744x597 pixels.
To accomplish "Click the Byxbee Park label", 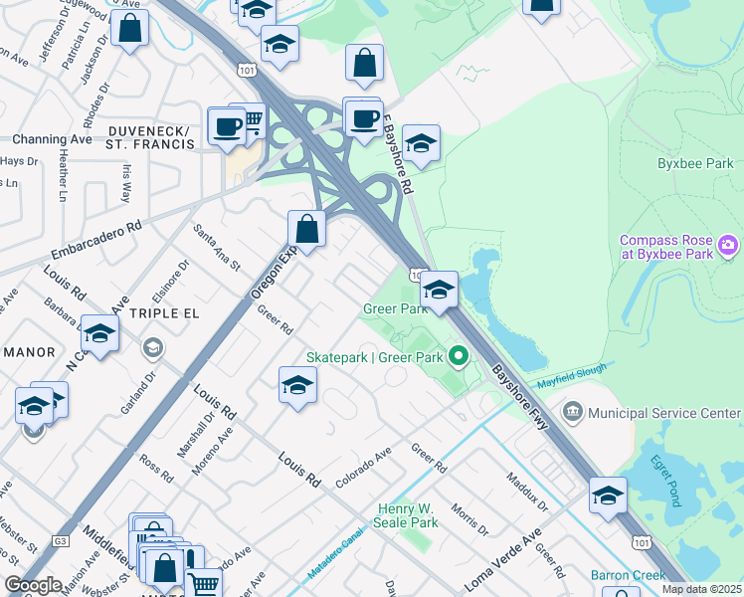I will [x=695, y=163].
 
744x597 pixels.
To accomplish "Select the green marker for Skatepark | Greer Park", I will [x=458, y=354].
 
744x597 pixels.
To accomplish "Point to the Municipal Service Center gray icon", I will [x=573, y=412].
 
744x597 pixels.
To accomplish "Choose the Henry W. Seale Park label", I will [x=408, y=515].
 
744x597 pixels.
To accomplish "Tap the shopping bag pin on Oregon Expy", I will [x=307, y=229].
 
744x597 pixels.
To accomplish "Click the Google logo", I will [x=34, y=585].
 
